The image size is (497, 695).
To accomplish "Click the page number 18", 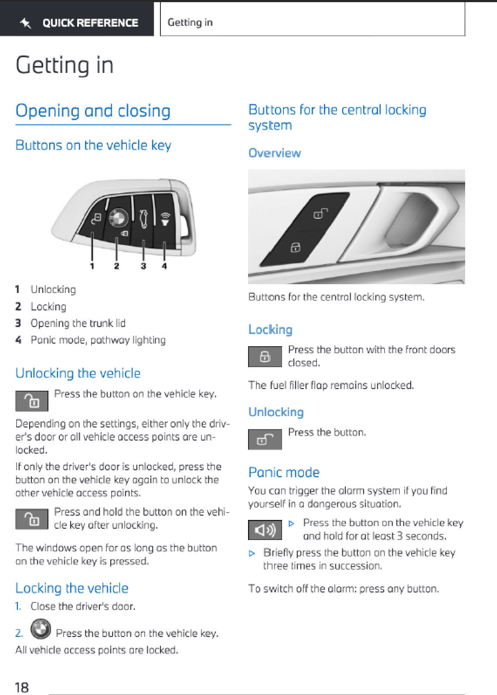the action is [x=22, y=687].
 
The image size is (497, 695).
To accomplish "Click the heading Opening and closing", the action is [x=93, y=111].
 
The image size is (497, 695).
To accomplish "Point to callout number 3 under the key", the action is [x=143, y=266].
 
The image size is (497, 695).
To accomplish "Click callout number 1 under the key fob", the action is [x=92, y=266].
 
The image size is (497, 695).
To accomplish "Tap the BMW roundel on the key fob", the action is [x=118, y=217].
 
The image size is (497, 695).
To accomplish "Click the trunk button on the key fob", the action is [x=143, y=219].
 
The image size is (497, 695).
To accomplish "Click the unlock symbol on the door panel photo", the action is [x=320, y=213].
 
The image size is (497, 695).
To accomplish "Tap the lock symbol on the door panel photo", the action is [x=295, y=247].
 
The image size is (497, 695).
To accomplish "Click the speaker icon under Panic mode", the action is [x=265, y=530].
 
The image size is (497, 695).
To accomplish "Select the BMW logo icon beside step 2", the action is [x=41, y=629].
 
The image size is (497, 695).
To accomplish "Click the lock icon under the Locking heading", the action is [x=265, y=357].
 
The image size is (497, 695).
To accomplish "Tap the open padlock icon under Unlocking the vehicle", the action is [x=32, y=401].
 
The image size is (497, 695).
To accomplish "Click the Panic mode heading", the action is [x=284, y=472].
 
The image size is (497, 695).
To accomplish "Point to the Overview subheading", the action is [x=275, y=153].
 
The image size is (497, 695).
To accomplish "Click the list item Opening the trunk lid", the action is [x=78, y=323].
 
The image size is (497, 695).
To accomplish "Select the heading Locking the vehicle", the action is [x=72, y=588].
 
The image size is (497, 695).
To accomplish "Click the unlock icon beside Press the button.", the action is [x=265, y=439].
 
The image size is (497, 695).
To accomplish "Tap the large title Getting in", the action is [x=65, y=65].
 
